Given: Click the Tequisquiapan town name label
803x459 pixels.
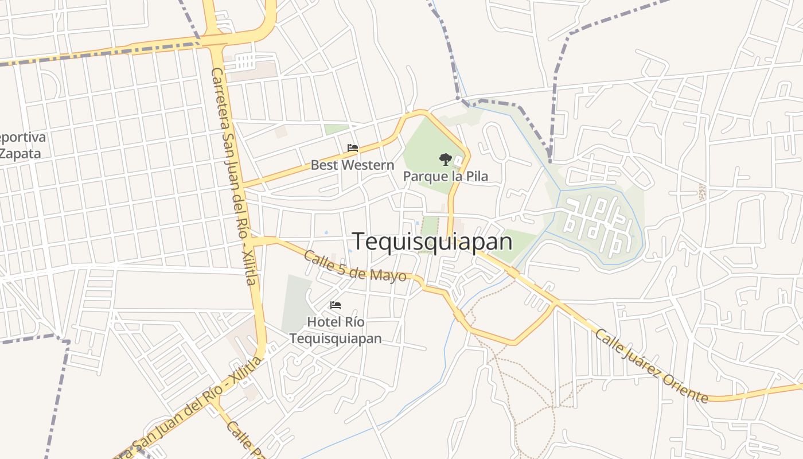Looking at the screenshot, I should pos(432,242).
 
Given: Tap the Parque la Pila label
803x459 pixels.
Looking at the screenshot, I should pos(445,176).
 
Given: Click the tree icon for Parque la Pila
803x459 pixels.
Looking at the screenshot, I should pos(445,160).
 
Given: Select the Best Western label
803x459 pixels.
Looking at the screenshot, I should pos(352,165).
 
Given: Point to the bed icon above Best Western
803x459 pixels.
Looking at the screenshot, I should pos(353,148).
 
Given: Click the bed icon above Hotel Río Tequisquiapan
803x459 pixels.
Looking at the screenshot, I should pos(336,305).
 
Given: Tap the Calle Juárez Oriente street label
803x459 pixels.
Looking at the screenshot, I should pos(650,365).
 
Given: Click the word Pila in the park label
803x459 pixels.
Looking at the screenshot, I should pos(475,176).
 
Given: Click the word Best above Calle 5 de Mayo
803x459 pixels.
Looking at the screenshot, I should pos(323,165).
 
